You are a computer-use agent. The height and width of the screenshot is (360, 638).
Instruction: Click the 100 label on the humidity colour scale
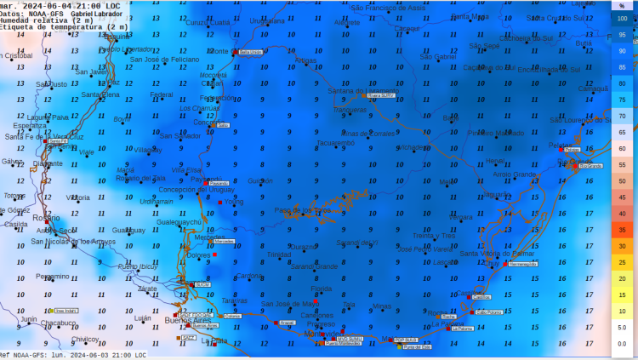622,19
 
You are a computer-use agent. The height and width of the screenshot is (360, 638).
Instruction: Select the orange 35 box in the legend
622,230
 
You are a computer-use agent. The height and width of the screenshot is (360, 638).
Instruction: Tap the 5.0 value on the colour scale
622,327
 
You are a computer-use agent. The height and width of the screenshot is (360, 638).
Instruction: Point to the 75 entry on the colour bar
622,100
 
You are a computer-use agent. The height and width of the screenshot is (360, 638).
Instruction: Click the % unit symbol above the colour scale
622,5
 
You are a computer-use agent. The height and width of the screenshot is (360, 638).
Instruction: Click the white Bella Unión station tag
250,52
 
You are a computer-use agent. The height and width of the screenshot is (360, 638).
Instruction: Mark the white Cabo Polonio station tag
487,312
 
